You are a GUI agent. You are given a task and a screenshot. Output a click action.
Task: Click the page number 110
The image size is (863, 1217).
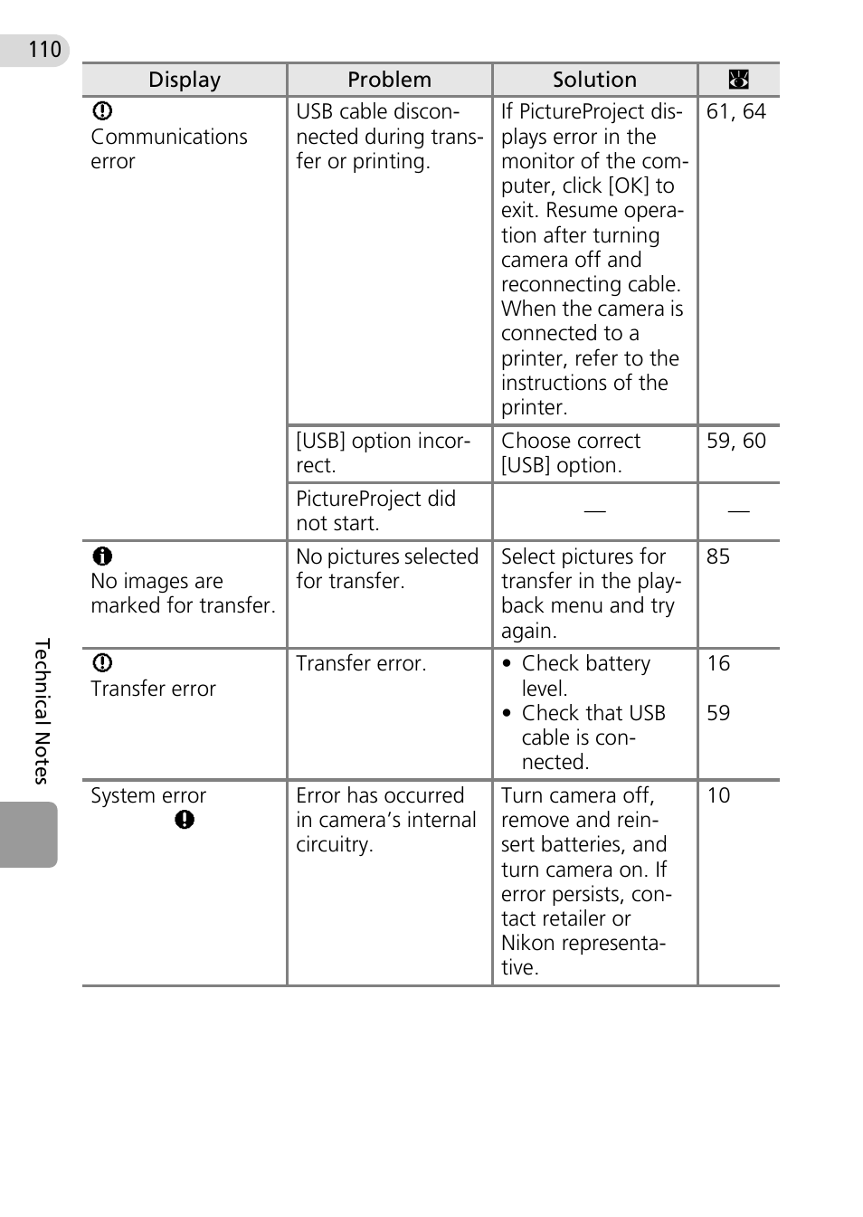coord(44,49)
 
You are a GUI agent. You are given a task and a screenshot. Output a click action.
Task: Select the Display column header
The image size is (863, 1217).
coord(185,80)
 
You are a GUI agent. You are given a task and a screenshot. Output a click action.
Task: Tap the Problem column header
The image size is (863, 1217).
coord(389,80)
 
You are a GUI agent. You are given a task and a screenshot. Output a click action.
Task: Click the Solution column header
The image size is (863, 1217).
coord(594,80)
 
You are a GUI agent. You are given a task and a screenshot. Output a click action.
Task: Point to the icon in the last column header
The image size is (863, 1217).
coord(738,80)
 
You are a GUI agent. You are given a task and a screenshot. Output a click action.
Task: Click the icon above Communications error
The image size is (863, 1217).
coord(102,111)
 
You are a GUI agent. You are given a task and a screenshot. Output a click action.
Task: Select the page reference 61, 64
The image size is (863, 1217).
coord(735,111)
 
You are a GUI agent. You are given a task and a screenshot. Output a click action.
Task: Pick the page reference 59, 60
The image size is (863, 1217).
coord(735,441)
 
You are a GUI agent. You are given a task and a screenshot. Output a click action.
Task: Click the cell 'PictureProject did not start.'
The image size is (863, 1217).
coord(375,511)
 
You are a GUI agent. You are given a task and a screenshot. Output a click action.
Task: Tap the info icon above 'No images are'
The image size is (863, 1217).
coord(102,556)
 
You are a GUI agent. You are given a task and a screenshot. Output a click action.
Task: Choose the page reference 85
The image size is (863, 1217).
coord(718,556)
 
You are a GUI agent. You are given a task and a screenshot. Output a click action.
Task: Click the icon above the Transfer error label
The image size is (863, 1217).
coord(102,663)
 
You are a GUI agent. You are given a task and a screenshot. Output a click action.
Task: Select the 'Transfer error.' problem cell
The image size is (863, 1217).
coord(361,663)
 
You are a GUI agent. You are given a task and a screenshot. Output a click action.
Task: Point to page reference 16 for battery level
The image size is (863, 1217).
coord(718,663)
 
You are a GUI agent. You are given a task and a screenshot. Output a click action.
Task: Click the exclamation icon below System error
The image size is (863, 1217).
coord(185,820)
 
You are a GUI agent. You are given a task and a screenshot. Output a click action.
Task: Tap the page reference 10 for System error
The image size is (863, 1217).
coord(718,795)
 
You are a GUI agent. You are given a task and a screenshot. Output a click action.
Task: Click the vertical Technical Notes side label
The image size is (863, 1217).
coord(42,711)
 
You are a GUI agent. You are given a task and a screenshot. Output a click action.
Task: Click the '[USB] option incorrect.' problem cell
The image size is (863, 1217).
coord(383,452)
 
